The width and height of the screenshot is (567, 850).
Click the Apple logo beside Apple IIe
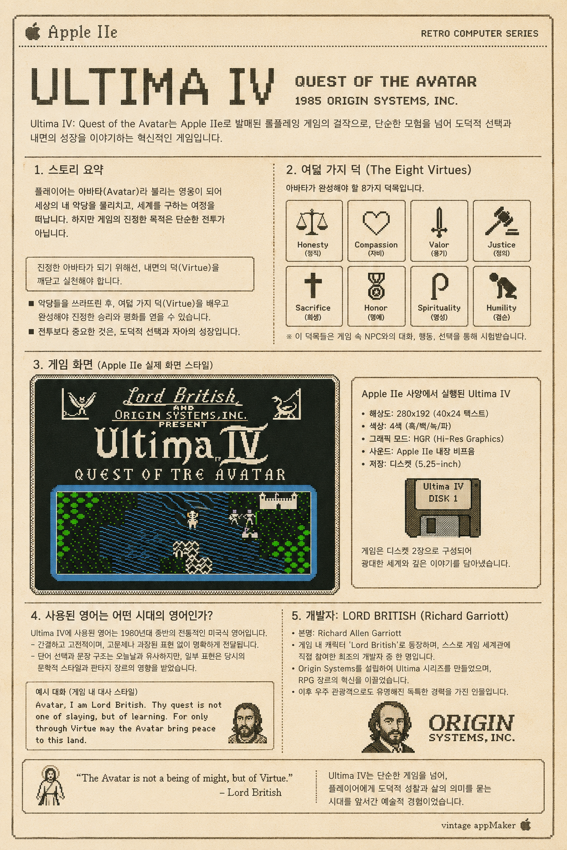[33, 32]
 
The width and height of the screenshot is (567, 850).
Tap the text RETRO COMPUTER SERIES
[480, 33]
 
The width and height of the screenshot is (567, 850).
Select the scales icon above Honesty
[312, 222]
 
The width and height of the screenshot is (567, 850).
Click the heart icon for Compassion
[376, 223]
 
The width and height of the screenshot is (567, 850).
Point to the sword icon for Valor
[439, 222]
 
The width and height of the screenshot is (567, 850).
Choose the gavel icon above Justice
[502, 221]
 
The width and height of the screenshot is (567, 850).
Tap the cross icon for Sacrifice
[313, 286]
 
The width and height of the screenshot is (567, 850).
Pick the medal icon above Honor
[376, 286]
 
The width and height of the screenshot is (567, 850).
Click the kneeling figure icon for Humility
[503, 286]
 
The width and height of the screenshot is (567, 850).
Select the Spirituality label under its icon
[439, 308]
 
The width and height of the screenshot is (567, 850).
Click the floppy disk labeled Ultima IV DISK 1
[443, 507]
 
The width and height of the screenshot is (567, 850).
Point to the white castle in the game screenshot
[278, 500]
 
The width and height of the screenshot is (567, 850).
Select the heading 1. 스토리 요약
[69, 170]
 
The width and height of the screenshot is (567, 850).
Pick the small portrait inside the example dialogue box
[248, 723]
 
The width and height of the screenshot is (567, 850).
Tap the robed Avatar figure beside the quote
[50, 786]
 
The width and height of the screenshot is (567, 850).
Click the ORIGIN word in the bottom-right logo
[472, 723]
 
